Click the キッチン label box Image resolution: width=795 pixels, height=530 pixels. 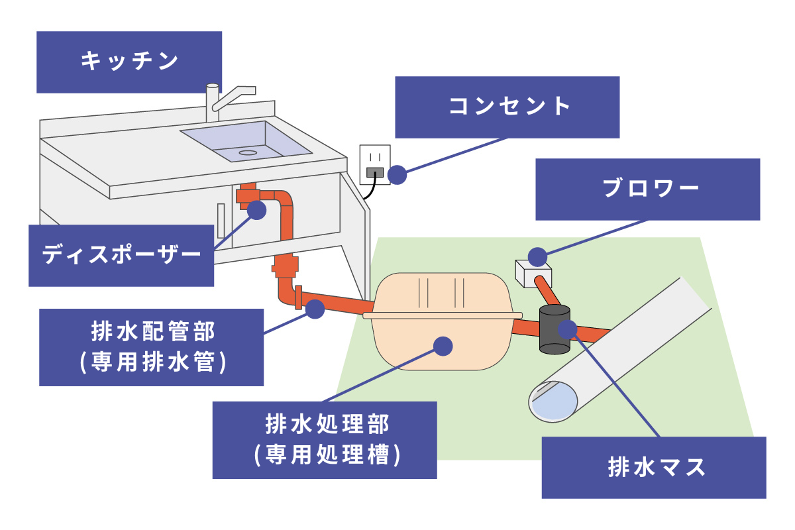(129, 62)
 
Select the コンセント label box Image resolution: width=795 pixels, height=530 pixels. (507, 107)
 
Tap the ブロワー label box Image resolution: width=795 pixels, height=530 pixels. (647, 189)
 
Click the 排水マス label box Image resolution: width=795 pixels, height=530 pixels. (653, 467)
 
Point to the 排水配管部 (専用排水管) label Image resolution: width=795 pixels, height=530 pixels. (151, 346)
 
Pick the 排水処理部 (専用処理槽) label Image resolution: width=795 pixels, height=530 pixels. (325, 440)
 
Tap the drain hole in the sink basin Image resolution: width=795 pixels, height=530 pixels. (247, 152)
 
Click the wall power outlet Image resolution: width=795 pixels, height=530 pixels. (374, 164)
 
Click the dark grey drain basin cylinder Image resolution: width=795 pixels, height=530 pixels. (554, 329)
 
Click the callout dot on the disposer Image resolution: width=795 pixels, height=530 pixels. (257, 211)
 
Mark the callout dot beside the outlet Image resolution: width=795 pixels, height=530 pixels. (397, 175)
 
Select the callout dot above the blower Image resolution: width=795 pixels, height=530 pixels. (537, 255)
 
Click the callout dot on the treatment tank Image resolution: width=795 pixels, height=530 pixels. (443, 345)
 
